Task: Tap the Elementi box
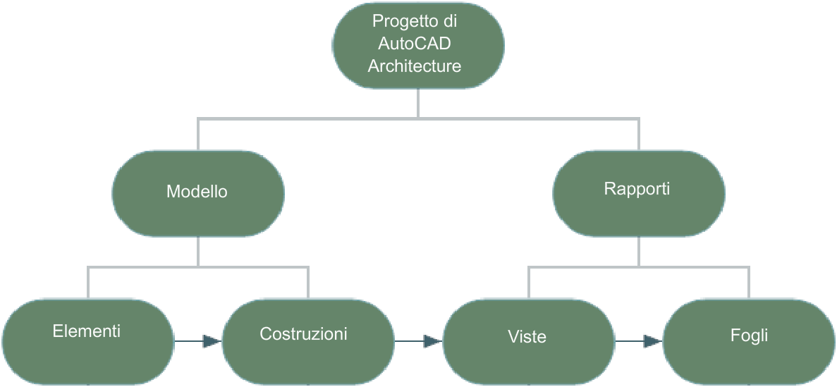87,341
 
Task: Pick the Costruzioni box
308,341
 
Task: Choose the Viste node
528,341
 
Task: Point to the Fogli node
749,341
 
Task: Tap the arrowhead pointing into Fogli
652,341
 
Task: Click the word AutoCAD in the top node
415,44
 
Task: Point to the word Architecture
415,66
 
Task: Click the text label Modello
197,191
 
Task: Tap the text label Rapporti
637,189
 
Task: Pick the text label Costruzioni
303,333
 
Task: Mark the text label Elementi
86,331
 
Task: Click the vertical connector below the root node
417,102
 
